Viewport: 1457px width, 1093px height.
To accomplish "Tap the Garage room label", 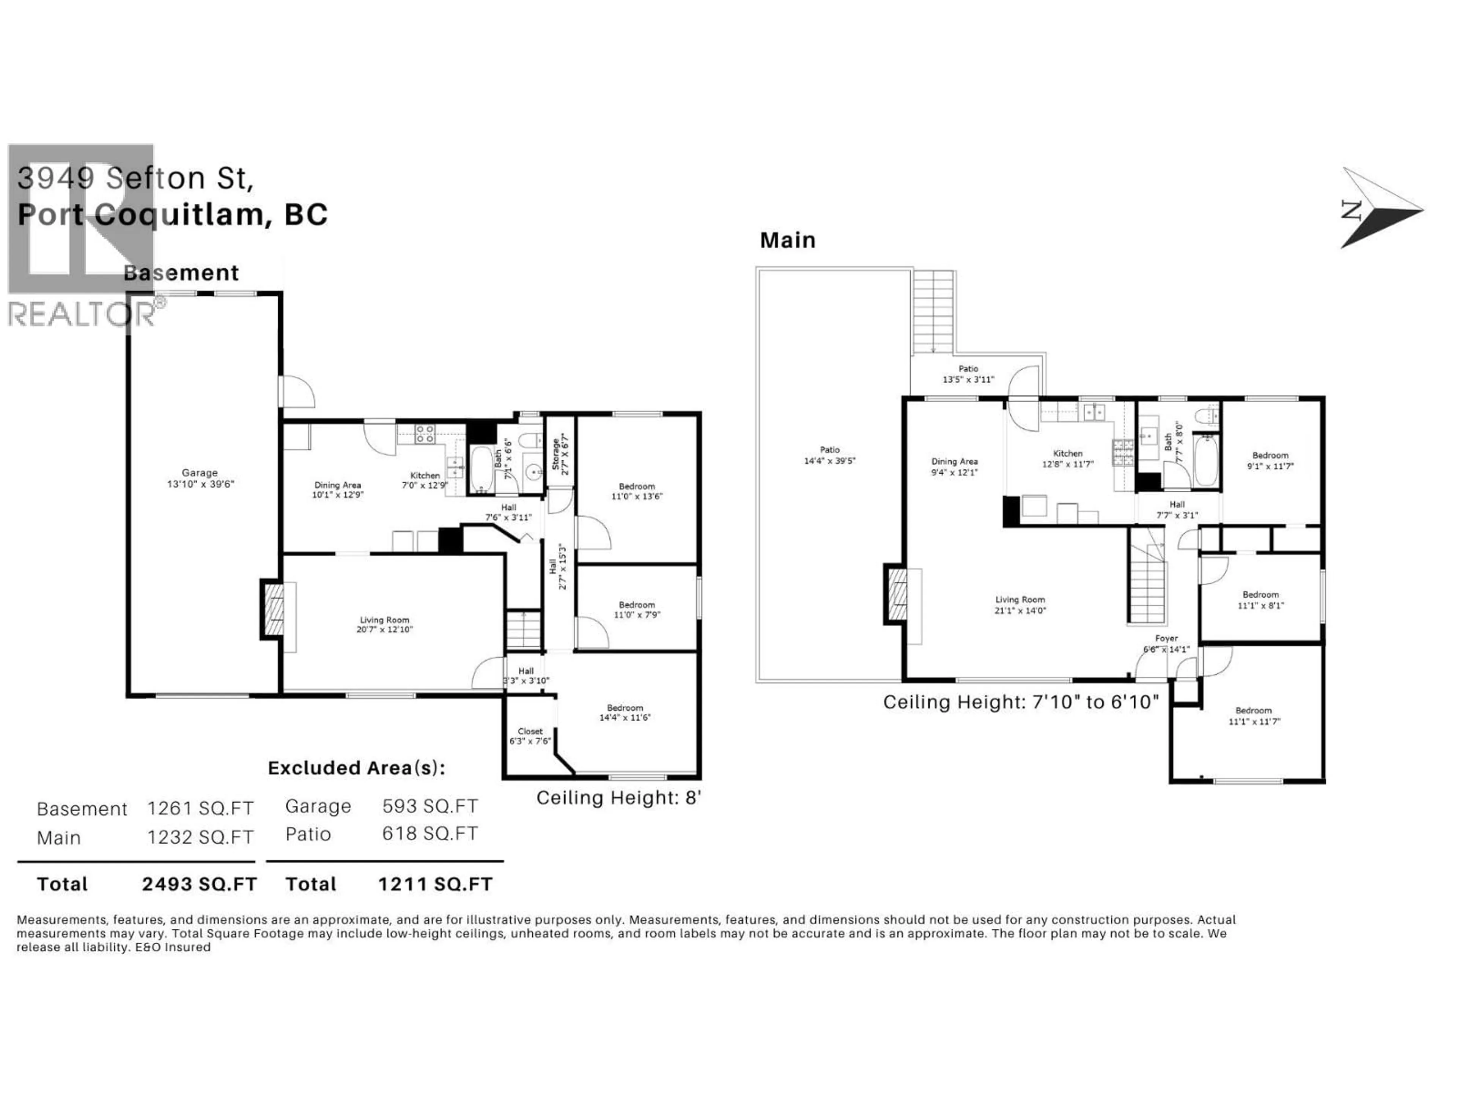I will [200, 473].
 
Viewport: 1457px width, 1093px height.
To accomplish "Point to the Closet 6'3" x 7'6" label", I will [530, 736].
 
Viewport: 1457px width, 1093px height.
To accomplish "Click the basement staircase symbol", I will [523, 630].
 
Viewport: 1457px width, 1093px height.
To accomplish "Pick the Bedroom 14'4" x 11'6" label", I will [625, 713].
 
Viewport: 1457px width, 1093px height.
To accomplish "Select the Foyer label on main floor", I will [1166, 638].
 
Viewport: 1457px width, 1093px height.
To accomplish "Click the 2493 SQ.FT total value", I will [199, 884].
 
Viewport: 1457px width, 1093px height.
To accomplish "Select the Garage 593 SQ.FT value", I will [430, 806].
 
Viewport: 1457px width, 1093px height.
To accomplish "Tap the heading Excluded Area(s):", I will [356, 768].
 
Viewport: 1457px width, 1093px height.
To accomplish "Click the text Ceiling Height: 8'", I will [618, 798].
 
